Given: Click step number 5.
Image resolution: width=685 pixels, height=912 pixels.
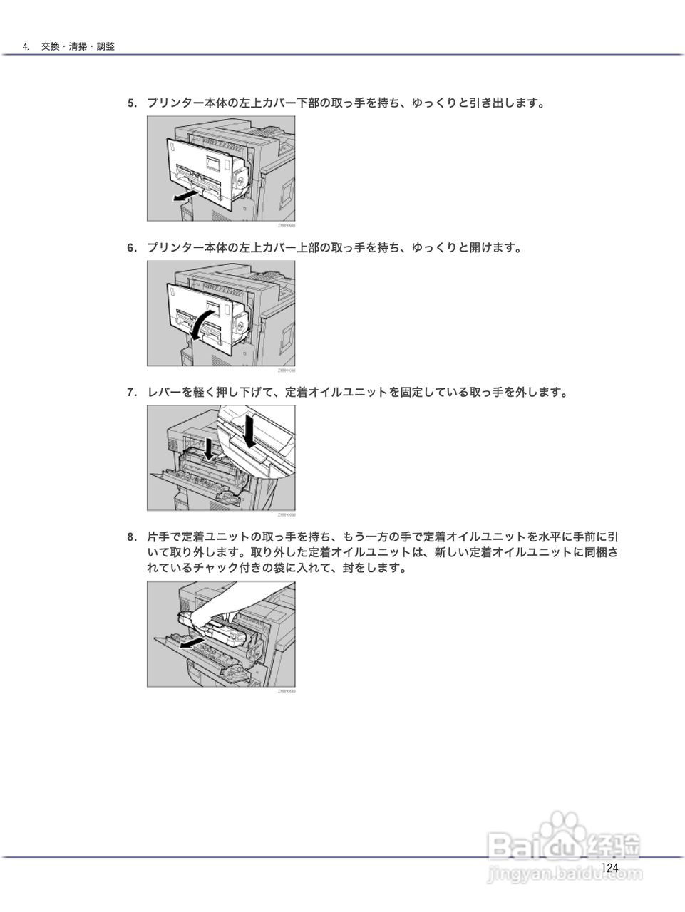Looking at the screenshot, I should click(131, 103).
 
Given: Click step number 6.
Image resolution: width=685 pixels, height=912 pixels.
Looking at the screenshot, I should click(131, 248).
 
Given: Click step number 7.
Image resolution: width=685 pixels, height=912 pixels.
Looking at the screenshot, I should click(131, 393).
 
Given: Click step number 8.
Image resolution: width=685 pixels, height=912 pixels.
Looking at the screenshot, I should click(131, 537).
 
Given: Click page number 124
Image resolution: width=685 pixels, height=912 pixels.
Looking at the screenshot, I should click(609, 867).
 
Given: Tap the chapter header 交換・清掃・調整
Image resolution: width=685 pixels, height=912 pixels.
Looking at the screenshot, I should click(78, 46).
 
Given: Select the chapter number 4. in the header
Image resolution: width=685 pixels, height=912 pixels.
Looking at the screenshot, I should click(26, 46).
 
